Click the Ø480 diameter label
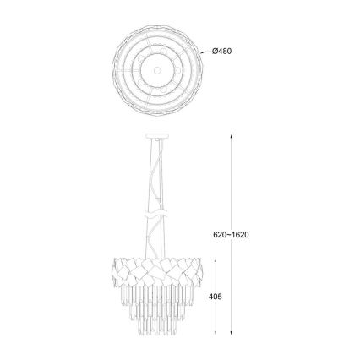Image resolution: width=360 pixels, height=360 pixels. click(222, 51)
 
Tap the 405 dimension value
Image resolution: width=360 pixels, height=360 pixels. click(215, 297)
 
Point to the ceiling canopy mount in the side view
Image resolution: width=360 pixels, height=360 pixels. click(156, 134)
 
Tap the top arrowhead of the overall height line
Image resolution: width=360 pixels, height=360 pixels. click(232, 135)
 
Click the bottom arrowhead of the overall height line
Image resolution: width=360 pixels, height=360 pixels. click(232, 335)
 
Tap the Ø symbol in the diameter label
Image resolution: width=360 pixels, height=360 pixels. click(215, 51)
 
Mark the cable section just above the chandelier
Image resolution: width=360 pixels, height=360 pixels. click(156, 245)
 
